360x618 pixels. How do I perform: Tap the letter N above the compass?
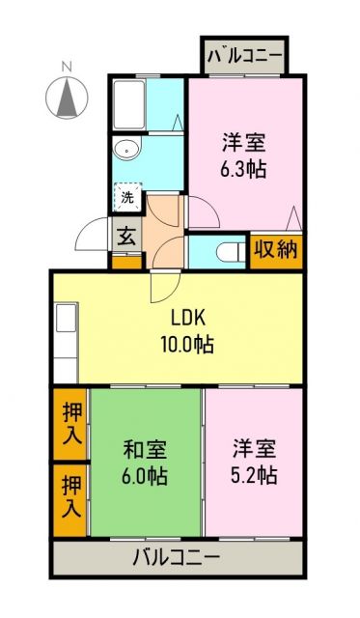[66, 67]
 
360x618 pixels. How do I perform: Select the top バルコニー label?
[245, 56]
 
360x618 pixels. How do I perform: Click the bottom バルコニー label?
[176, 558]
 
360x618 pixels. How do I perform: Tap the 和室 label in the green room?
[145, 450]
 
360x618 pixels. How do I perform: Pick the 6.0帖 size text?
[145, 475]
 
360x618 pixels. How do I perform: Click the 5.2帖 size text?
[255, 475]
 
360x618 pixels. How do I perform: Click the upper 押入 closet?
[69, 425]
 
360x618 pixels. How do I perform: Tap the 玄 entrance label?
[126, 235]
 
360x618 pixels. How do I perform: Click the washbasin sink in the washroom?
[125, 149]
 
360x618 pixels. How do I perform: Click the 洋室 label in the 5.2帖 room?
[255, 450]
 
